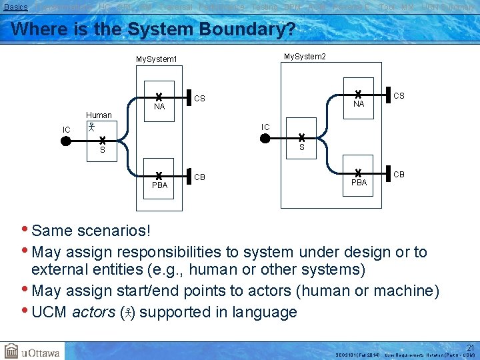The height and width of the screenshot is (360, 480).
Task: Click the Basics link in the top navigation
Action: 15,7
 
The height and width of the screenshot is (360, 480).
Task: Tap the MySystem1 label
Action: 157,59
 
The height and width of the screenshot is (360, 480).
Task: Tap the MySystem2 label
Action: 305,56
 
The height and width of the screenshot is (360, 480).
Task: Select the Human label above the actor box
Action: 99,115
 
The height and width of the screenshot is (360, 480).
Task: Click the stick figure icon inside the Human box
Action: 93,126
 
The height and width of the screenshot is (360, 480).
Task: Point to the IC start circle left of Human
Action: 65,141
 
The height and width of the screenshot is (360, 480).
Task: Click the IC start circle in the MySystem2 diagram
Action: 265,139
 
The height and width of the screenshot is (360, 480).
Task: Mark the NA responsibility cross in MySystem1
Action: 159,97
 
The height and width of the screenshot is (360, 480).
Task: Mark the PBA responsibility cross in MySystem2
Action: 358,173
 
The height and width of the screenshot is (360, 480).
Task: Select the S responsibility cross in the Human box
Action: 103,141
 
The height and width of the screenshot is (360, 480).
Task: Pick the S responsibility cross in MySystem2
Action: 301,138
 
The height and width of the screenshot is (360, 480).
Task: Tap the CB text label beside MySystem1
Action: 200,177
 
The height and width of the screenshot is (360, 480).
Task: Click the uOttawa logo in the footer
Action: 33,351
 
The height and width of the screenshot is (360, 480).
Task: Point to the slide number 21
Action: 470,347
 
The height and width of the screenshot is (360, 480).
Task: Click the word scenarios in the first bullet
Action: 113,231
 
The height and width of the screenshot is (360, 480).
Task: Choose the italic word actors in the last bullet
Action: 94,312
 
